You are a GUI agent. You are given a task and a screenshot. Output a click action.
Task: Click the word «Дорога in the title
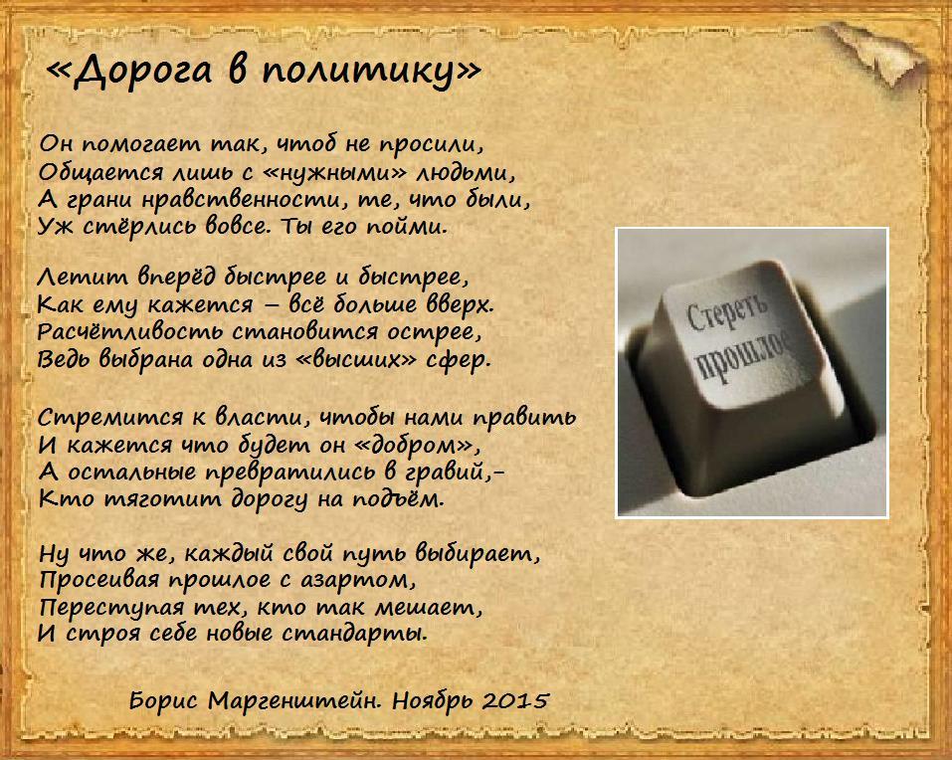point(128,71)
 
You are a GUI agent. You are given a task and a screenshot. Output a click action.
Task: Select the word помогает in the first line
point(142,145)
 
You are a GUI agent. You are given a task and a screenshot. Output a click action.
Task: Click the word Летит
point(83,278)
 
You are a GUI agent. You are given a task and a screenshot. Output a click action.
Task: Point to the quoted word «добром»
point(414,446)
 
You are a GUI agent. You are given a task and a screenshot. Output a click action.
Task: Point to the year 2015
point(515,701)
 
